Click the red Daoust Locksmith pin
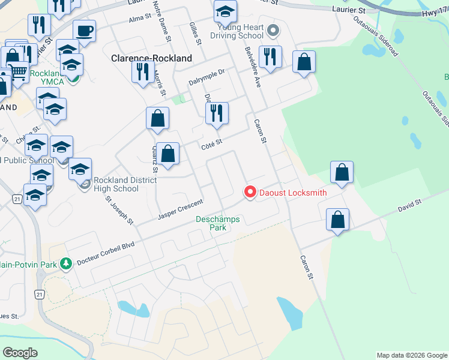click(250, 192)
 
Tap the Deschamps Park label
click(217, 223)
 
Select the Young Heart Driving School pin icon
click(274, 29)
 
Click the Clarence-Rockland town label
click(151, 59)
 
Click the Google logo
click(20, 352)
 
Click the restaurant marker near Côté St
click(216, 113)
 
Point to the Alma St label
click(138, 19)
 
